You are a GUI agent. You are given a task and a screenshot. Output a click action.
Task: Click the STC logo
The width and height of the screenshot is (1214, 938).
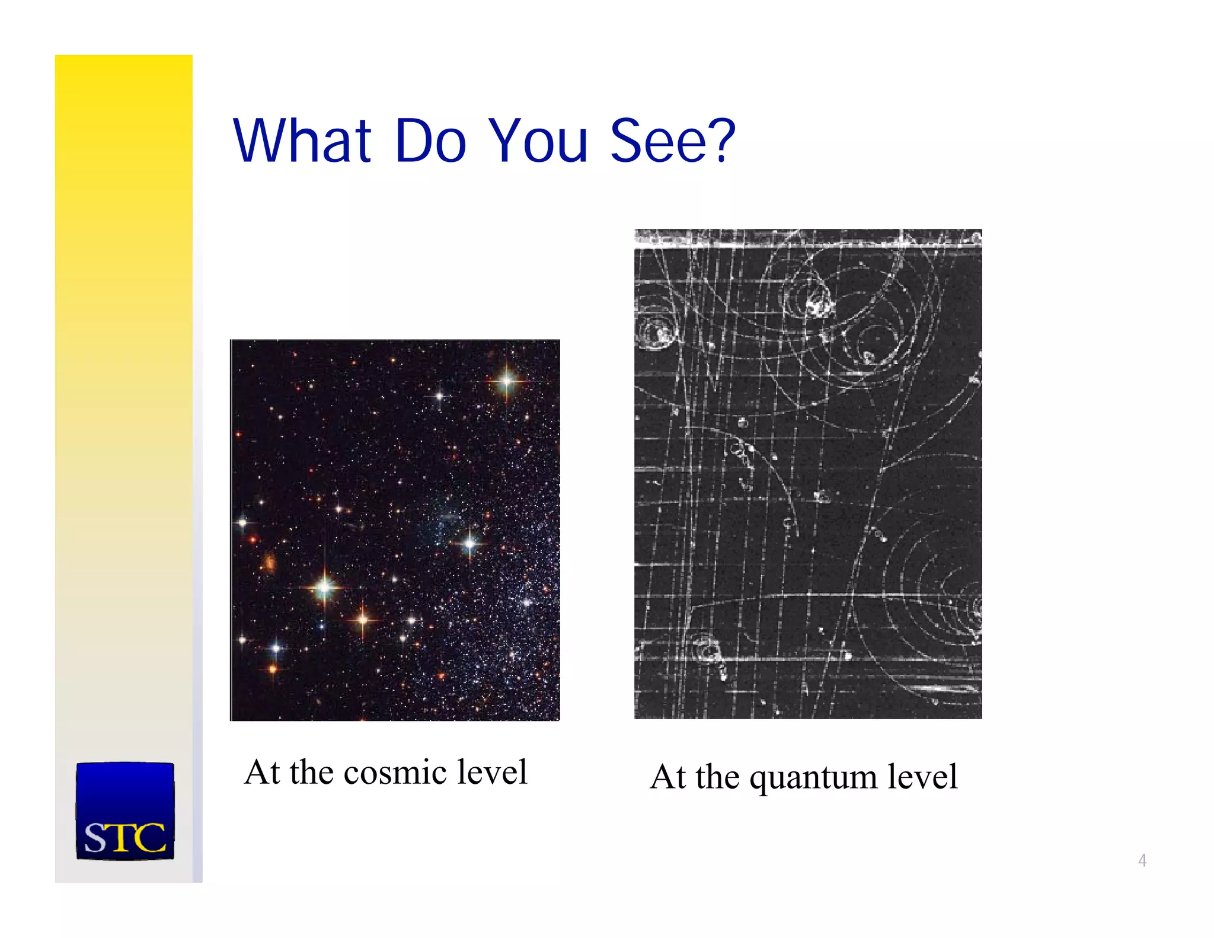click(x=125, y=811)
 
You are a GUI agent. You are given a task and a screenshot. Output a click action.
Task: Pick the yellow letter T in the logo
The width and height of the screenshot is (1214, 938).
click(x=124, y=838)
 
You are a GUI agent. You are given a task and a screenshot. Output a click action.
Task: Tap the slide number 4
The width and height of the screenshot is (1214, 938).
click(x=1142, y=860)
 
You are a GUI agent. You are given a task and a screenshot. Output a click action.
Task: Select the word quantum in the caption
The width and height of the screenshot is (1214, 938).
click(x=813, y=778)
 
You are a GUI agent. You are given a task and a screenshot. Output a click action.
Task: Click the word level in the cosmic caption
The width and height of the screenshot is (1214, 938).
click(x=496, y=773)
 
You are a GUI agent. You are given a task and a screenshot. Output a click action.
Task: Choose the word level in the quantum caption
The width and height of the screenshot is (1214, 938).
click(x=922, y=777)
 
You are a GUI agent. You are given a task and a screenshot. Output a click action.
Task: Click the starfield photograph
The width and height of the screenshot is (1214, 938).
click(x=395, y=530)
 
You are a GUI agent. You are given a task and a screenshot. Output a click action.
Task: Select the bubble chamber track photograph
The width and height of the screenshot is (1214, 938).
click(x=807, y=474)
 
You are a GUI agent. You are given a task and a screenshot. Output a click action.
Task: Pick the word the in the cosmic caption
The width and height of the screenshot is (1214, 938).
click(x=312, y=773)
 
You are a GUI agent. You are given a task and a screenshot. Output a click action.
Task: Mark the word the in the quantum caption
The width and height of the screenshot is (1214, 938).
click(x=718, y=777)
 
